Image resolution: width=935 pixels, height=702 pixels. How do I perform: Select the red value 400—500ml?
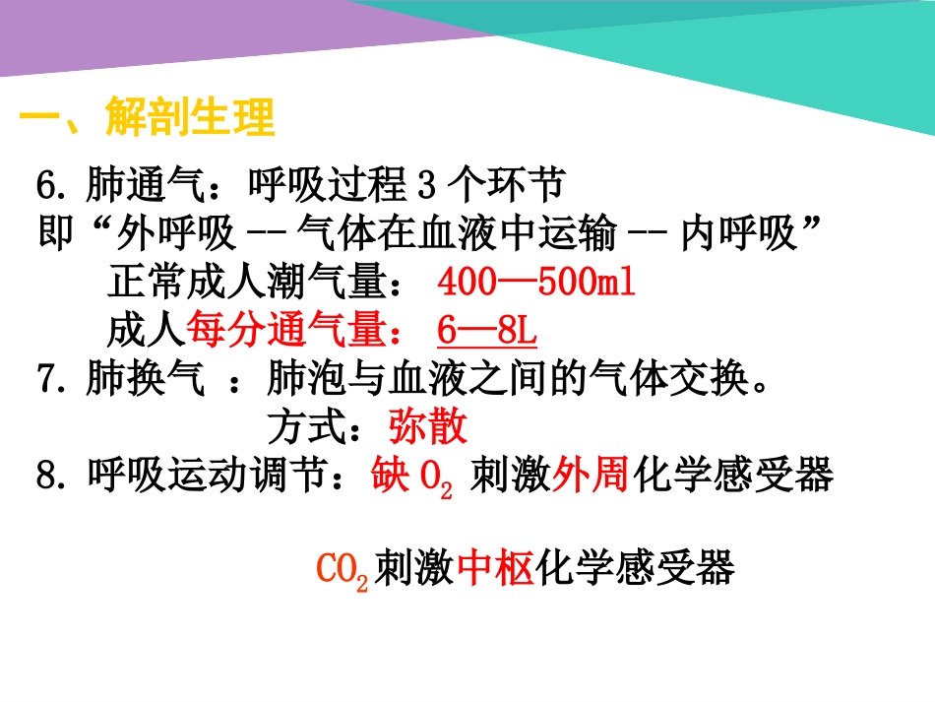[x=536, y=284]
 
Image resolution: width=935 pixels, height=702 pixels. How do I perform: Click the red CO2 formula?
[x=342, y=570]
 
